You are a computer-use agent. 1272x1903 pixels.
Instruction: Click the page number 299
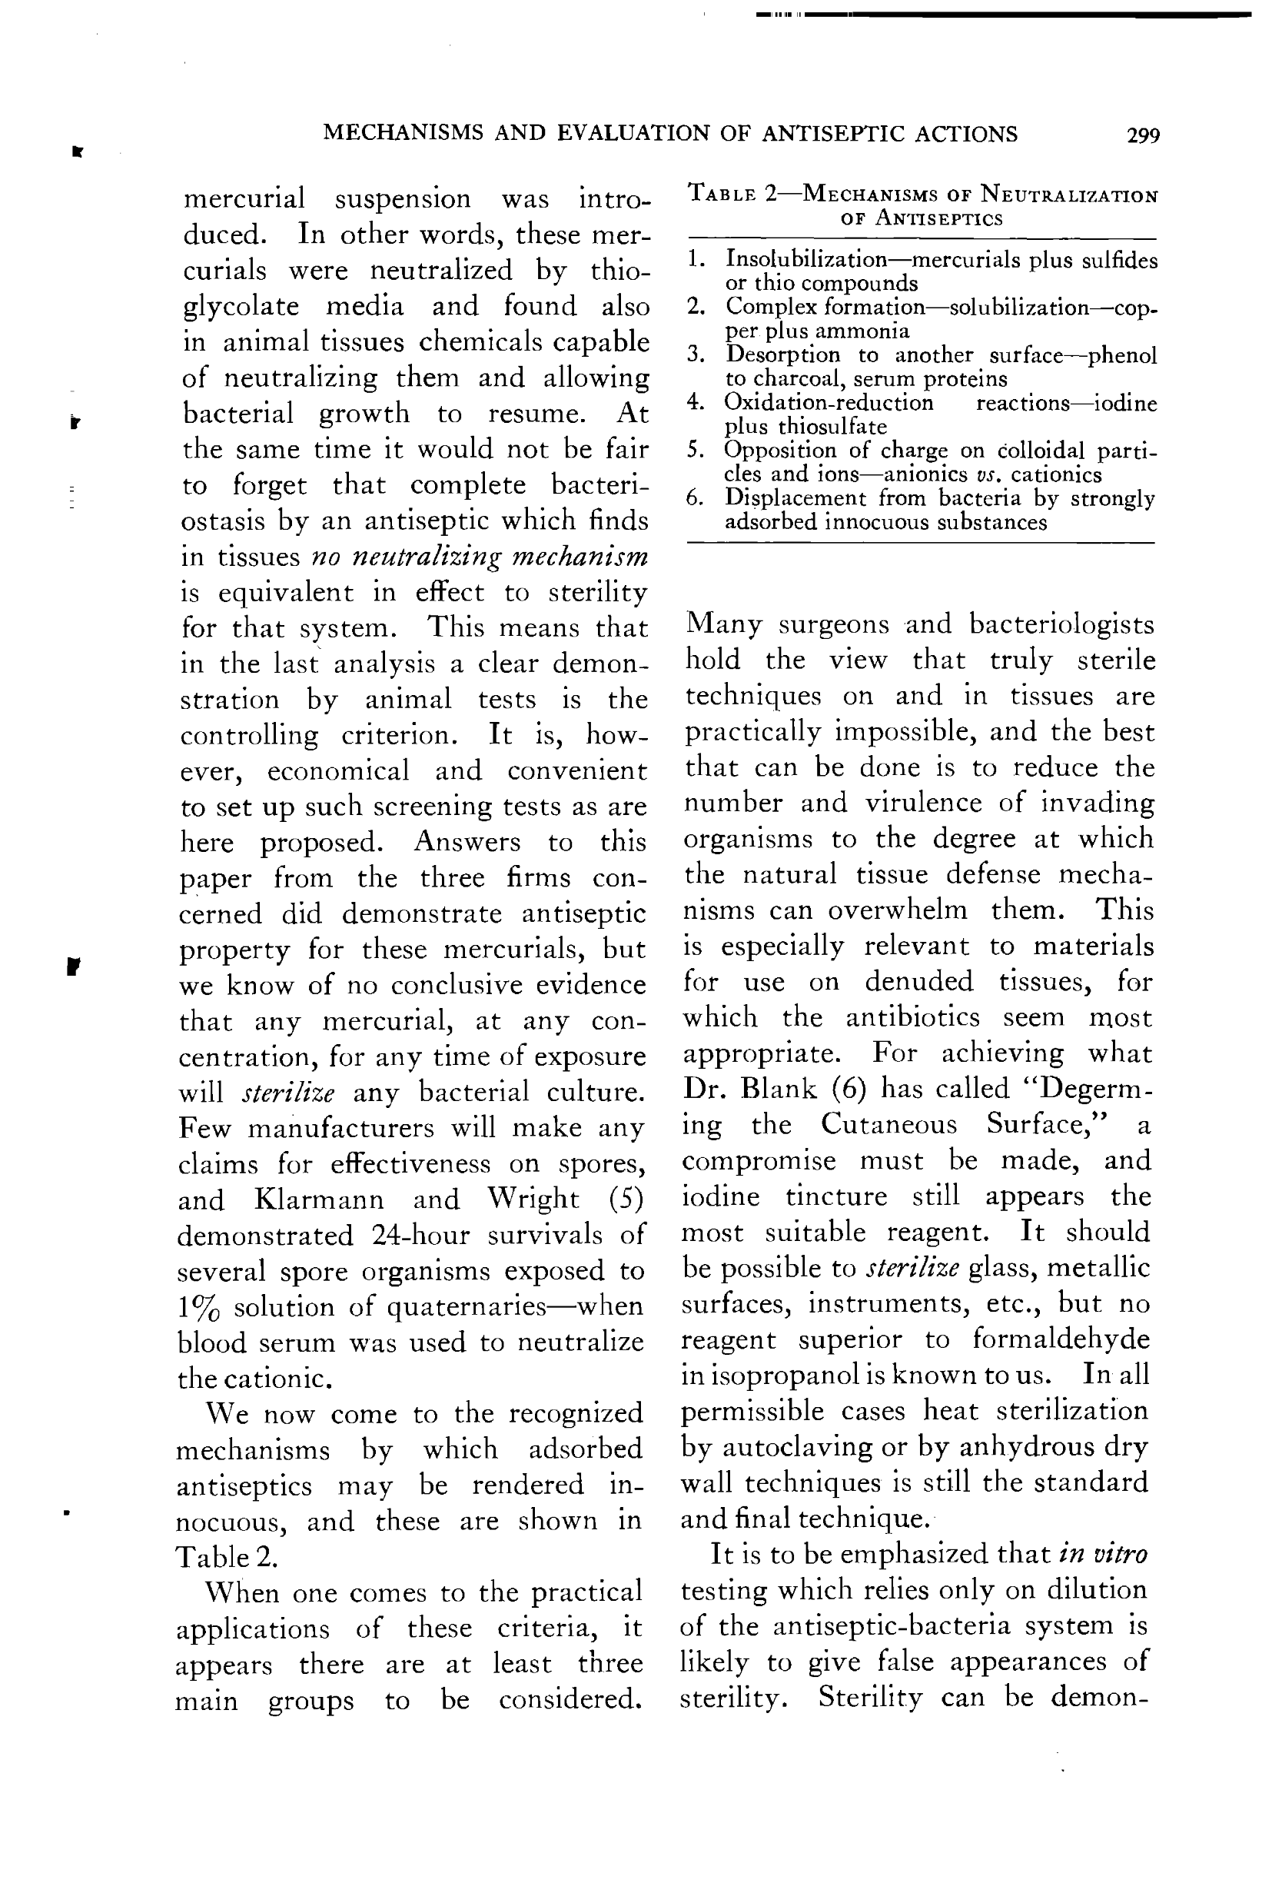point(1143,135)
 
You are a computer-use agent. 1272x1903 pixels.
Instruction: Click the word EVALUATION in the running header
point(635,133)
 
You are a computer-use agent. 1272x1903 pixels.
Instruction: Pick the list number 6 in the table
point(693,497)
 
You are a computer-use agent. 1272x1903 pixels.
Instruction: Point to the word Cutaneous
point(888,1124)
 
